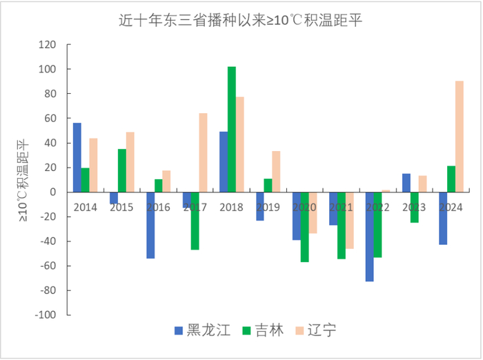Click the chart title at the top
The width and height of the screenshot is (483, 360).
click(241, 20)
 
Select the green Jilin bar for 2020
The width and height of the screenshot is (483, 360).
click(304, 227)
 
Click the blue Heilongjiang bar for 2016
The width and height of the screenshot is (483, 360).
click(150, 225)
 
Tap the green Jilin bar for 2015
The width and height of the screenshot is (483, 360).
click(121, 170)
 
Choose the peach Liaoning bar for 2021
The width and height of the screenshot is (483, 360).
click(349, 220)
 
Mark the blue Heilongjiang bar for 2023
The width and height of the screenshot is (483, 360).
click(406, 183)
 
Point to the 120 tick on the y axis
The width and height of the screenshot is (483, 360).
click(46, 45)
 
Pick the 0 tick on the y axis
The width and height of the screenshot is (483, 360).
click(51, 192)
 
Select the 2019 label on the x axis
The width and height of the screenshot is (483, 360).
click(268, 207)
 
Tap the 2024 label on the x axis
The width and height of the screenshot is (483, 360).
click(451, 207)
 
